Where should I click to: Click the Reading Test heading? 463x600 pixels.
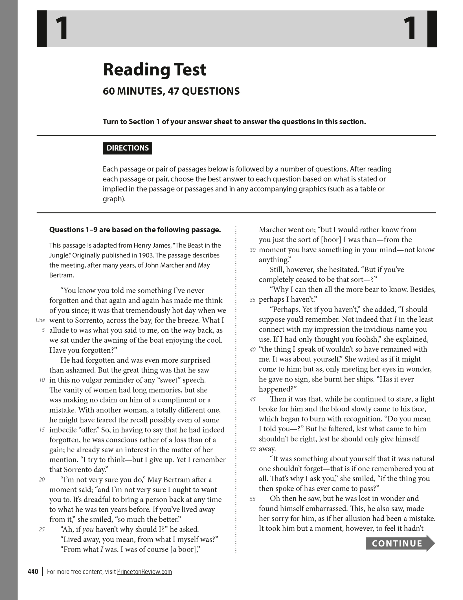click(x=155, y=70)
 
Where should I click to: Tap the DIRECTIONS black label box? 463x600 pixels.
click(x=127, y=148)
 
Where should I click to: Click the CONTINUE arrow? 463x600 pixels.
click(x=400, y=543)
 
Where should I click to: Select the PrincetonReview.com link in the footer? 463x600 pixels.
click(x=144, y=572)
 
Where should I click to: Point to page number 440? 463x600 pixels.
click(x=33, y=572)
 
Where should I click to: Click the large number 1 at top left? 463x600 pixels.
click(x=62, y=28)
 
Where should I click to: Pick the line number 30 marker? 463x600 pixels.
click(x=253, y=250)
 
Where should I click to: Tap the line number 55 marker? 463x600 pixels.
click(x=253, y=499)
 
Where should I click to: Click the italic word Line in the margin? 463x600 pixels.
click(x=40, y=320)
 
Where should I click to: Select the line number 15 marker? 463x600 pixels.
click(x=42, y=430)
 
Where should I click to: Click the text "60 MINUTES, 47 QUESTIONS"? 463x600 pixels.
click(x=171, y=91)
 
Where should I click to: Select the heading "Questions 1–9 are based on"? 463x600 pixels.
click(x=135, y=230)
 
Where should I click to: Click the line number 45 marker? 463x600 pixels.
click(x=253, y=399)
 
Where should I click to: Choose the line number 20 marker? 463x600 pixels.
click(x=42, y=480)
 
